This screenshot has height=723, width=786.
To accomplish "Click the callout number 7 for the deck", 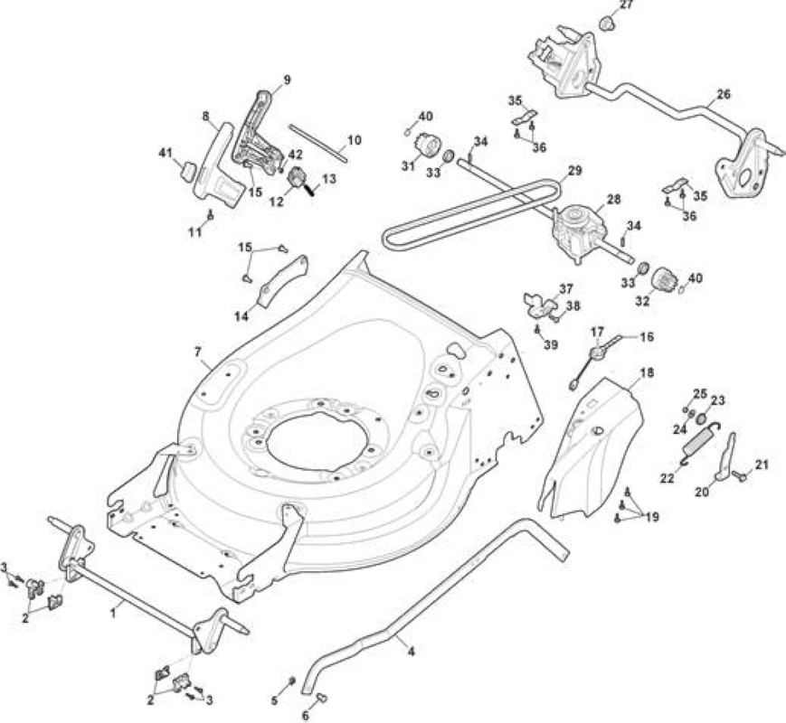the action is click(x=198, y=352).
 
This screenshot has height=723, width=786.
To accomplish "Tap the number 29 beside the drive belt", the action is click(x=575, y=170).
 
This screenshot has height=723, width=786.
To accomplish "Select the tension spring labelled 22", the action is click(x=700, y=444).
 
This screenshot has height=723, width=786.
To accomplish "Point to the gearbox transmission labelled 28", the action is click(x=577, y=232).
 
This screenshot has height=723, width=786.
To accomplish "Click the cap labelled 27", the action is click(x=608, y=23).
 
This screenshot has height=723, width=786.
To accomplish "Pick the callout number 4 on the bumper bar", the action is click(x=411, y=652).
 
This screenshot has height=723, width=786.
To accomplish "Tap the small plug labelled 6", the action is click(x=322, y=697).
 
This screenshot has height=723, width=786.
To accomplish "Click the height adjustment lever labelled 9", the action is click(x=256, y=130).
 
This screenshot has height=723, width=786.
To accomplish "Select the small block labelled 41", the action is click(x=187, y=171).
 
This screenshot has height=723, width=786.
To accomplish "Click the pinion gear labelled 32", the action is click(x=663, y=277).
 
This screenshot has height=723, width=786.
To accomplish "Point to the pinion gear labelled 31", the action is click(x=428, y=146).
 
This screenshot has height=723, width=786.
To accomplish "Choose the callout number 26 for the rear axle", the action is click(x=724, y=94).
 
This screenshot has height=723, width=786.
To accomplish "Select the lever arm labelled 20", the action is click(x=723, y=457).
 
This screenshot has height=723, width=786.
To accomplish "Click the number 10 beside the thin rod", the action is click(x=354, y=140).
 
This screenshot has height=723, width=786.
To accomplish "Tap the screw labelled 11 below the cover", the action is click(x=211, y=216).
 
